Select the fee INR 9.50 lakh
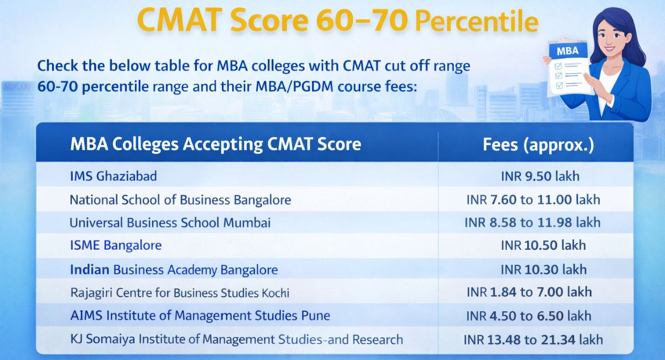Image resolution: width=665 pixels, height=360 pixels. (x=540, y=176)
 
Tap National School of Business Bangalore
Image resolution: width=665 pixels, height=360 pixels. (x=180, y=199)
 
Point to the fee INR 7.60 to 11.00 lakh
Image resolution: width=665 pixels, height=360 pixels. (x=533, y=199)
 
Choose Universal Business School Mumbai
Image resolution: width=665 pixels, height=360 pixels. (x=170, y=223)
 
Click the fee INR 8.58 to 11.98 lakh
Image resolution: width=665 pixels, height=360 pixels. (x=533, y=223)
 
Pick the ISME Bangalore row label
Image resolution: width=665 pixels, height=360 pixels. (x=116, y=245)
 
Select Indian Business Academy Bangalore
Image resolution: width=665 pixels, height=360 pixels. (x=174, y=270)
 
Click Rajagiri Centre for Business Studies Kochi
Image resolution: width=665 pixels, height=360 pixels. (x=180, y=292)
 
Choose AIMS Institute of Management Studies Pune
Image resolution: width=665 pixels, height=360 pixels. (x=200, y=316)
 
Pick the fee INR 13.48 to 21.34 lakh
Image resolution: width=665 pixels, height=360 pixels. (x=533, y=339)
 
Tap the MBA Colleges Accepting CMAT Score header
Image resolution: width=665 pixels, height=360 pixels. (x=216, y=145)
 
